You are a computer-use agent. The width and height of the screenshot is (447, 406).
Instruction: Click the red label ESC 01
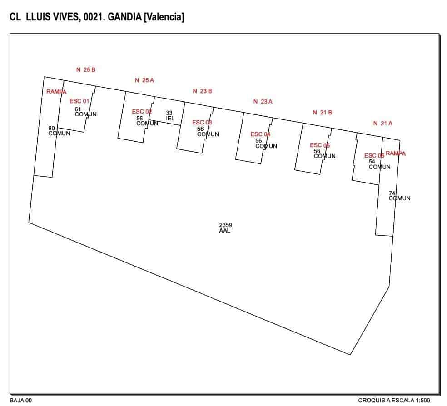[79, 101]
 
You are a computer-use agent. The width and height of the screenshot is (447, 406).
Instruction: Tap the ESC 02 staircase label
[142, 112]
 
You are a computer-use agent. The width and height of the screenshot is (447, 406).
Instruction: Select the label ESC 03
[202, 123]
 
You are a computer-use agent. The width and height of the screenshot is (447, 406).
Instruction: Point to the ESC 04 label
[260, 134]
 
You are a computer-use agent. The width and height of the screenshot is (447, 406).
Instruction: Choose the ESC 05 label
[319, 145]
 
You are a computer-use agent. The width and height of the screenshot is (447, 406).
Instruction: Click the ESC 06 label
[374, 156]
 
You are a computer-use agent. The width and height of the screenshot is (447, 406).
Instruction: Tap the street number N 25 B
[86, 70]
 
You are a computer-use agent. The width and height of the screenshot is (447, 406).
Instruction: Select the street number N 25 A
[144, 80]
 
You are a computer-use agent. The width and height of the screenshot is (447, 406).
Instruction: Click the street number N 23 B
[202, 91]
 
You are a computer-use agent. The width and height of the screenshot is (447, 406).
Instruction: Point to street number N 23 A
[263, 102]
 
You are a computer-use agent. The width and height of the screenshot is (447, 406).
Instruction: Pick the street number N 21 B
[322, 113]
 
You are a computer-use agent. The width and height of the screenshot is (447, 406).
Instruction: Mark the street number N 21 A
[382, 123]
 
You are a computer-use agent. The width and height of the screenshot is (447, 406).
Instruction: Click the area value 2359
[225, 225]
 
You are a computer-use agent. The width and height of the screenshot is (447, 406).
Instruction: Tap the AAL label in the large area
[224, 231]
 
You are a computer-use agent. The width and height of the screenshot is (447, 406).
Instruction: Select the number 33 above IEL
[169, 113]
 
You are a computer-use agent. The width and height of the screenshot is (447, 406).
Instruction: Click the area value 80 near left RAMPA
[51, 129]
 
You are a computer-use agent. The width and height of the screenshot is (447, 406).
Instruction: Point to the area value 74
[392, 193]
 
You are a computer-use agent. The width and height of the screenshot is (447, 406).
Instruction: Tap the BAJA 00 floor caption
[21, 400]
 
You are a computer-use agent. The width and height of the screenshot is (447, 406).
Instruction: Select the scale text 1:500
[421, 400]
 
